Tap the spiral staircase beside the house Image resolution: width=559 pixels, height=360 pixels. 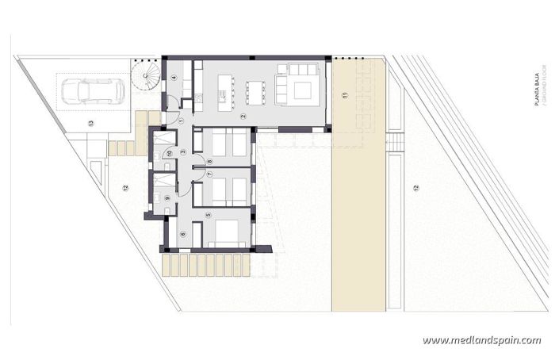[147, 79]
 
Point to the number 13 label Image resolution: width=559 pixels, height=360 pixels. [91, 123]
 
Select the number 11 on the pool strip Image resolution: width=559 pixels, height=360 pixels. [345, 95]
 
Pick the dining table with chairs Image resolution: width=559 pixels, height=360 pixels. [255, 91]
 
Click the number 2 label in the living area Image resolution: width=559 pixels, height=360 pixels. [243, 117]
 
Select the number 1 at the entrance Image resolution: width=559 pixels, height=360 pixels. [181, 121]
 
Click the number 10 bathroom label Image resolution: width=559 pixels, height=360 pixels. [168, 152]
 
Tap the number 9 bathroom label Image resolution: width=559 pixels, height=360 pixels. [167, 198]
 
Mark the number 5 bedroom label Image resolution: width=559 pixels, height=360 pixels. [209, 215]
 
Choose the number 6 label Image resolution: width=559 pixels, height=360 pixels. [182, 233]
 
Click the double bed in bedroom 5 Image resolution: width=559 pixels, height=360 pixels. [228, 231]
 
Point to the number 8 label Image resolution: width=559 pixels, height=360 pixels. [209, 162]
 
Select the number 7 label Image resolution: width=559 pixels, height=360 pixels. [209, 174]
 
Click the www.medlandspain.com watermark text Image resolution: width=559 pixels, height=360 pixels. [481, 340]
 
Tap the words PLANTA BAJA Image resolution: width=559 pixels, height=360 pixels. [537, 98]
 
